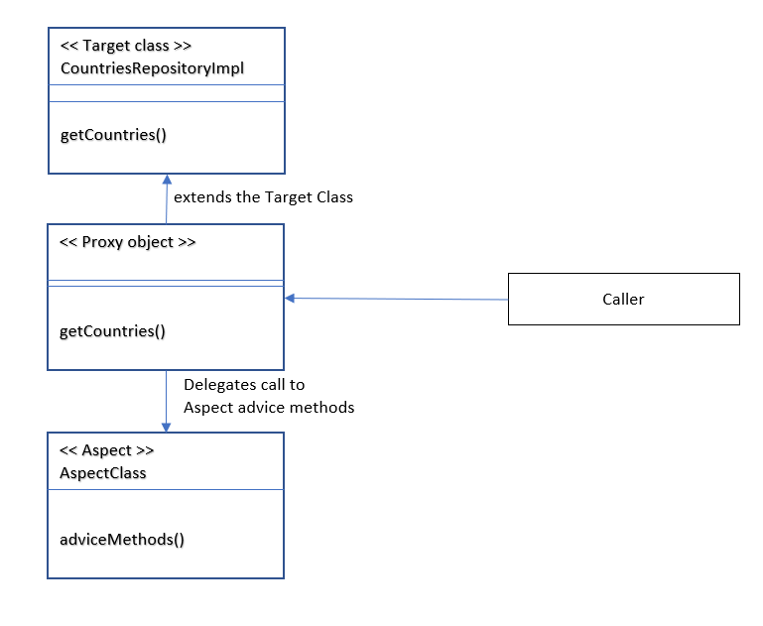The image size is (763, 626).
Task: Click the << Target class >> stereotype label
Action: point(126,46)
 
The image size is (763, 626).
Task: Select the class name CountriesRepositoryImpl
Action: point(152,67)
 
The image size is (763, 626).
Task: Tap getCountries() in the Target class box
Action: point(113,134)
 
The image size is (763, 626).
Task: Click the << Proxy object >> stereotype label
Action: point(128,242)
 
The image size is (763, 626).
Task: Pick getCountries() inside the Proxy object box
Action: point(113,330)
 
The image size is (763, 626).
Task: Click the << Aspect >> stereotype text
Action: point(107,450)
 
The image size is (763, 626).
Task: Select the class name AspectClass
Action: point(103,472)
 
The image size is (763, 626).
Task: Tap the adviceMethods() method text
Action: point(122,539)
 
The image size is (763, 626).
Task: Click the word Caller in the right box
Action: point(623,299)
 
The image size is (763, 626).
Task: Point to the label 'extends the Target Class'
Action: point(263,197)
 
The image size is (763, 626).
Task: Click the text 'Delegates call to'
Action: point(244,384)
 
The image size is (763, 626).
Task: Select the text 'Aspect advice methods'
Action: point(269,407)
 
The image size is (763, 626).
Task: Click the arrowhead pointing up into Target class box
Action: point(168,181)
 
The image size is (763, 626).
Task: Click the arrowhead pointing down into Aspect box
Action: point(166,426)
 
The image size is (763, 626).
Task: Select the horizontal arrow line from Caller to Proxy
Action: point(397,299)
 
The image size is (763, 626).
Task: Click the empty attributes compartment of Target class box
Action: point(167,93)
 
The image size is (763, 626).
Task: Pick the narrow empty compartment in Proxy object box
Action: point(167,283)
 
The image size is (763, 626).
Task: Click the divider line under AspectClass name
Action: point(167,489)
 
